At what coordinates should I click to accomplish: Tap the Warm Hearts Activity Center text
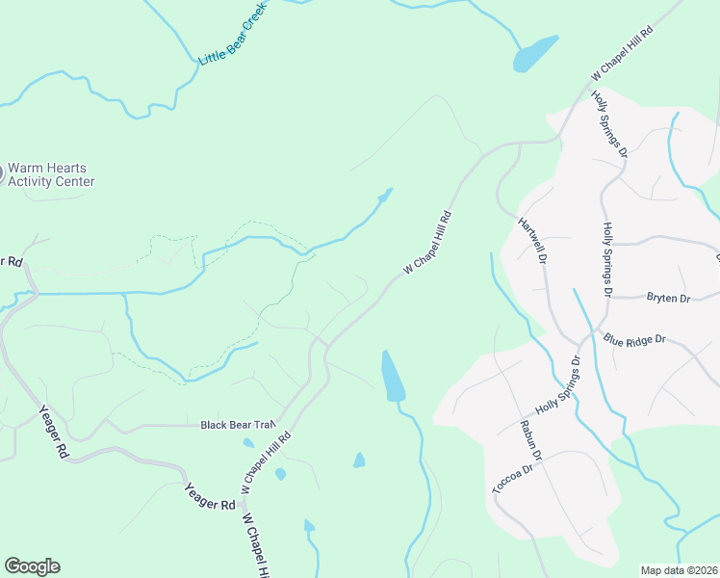click(51, 173)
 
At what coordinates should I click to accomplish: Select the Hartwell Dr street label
click(532, 240)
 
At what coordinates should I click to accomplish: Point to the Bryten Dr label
click(669, 299)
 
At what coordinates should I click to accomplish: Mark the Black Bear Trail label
click(238, 424)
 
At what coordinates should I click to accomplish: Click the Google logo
click(32, 566)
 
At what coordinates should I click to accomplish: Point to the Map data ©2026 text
click(680, 570)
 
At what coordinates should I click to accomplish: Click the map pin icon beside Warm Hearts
click(1, 173)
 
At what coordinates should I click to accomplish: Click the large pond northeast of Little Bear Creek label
click(535, 54)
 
